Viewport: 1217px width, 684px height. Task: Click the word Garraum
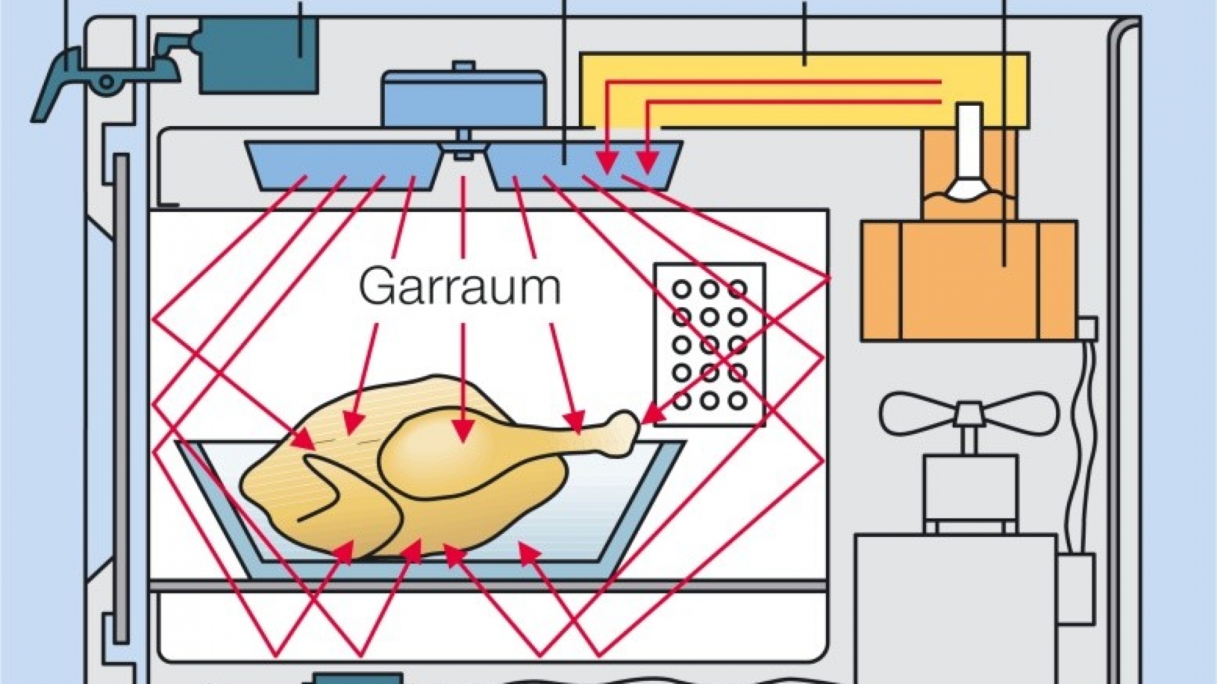[460, 287]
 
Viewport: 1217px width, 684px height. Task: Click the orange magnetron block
[968, 279]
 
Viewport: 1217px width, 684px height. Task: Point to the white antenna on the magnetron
[970, 152]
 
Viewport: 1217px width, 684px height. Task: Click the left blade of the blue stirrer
[342, 161]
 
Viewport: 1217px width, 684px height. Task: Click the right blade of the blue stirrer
[583, 161]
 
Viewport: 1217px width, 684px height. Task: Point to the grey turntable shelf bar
[488, 586]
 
